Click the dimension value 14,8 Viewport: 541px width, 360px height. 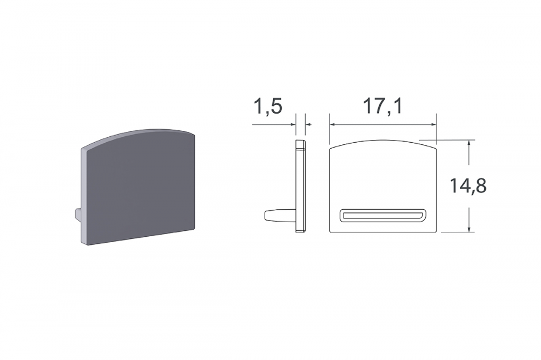coord(467,186)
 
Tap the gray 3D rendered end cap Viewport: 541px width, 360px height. coord(138,188)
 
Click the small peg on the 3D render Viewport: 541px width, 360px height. coord(77,214)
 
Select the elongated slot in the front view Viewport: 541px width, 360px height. coord(382,215)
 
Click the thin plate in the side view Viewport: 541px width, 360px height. coord(300,186)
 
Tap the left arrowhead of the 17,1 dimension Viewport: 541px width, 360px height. coord(333,124)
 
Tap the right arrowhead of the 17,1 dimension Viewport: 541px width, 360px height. coord(433,124)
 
